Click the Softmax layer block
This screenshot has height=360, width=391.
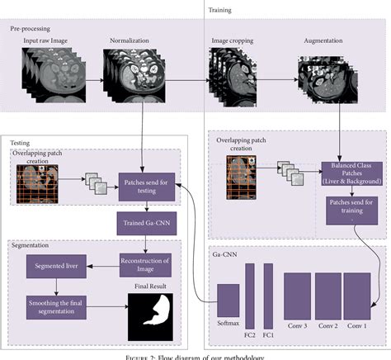click(x=228, y=303)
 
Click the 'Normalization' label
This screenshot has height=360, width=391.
click(x=130, y=40)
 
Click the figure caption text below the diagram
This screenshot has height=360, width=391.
click(x=195, y=355)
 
